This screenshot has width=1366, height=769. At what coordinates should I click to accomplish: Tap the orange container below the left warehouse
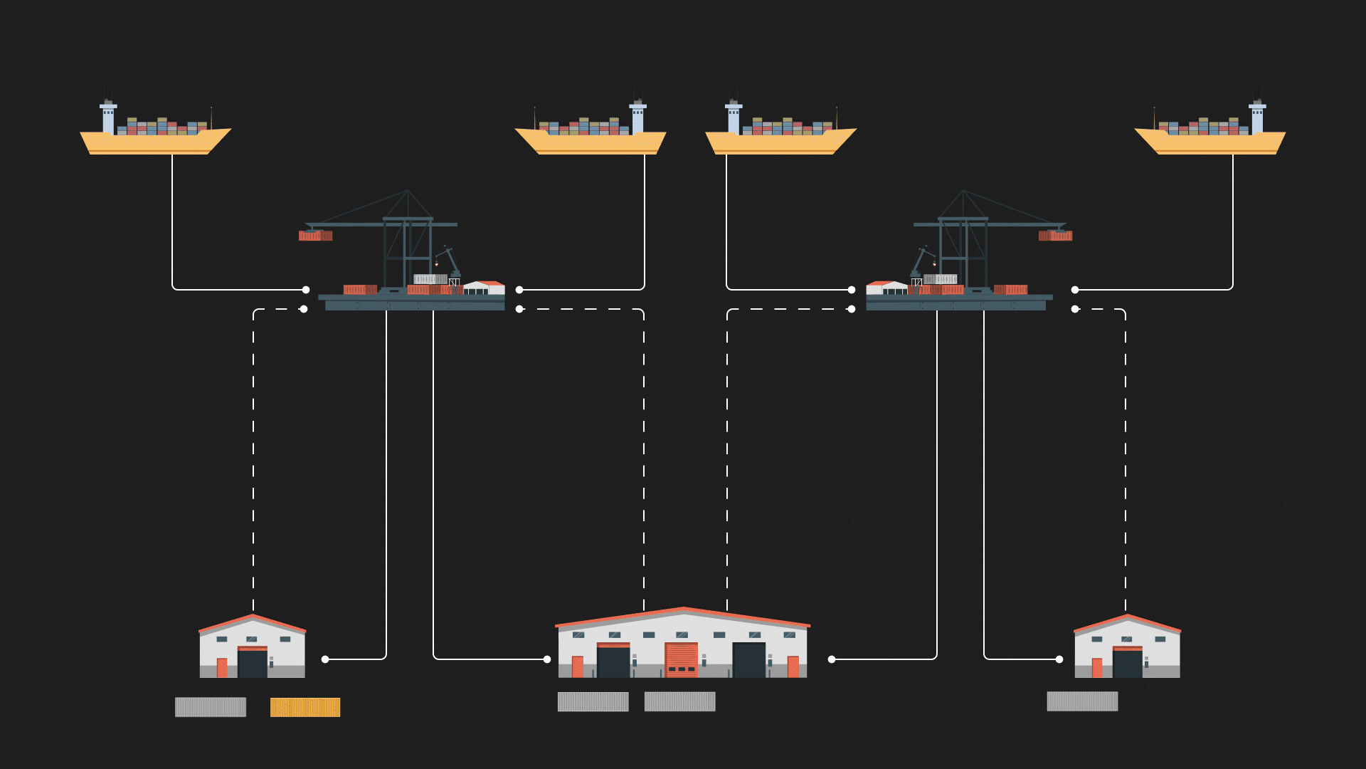(305, 707)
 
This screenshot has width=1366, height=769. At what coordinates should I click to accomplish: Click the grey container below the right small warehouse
(1082, 701)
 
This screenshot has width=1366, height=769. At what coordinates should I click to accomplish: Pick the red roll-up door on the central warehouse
(682, 659)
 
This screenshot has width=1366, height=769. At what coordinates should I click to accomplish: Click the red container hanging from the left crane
(315, 236)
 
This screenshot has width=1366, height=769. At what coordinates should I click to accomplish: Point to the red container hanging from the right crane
(1055, 236)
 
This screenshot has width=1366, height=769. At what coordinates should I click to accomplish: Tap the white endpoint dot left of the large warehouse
(547, 659)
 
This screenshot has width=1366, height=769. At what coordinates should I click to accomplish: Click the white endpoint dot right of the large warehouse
(832, 659)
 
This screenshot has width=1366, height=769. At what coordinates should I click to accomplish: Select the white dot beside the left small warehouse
(325, 659)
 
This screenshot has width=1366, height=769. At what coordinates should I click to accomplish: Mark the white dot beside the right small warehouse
(1059, 659)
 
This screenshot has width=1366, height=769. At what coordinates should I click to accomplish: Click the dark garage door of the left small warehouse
(253, 663)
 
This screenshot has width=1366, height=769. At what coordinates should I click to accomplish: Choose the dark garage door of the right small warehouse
(1128, 663)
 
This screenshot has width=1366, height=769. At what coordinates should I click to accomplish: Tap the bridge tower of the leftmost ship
(108, 117)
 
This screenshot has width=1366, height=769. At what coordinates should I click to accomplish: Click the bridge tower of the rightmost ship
(1257, 117)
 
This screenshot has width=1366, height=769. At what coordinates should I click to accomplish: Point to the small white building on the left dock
(485, 288)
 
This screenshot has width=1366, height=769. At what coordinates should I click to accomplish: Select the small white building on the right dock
(886, 288)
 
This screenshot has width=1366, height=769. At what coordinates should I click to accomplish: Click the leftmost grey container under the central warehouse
(593, 701)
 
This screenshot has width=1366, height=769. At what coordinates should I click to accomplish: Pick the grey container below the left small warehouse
(211, 707)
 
